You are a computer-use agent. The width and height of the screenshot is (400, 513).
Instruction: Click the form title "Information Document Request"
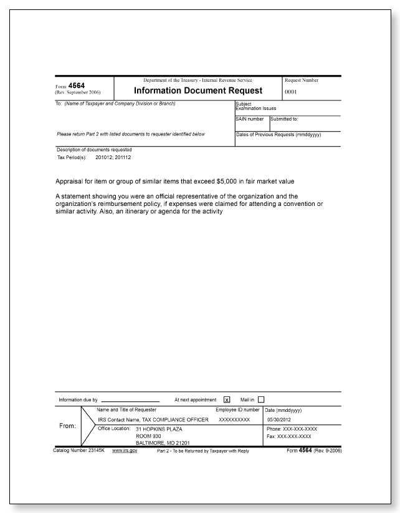point(198,90)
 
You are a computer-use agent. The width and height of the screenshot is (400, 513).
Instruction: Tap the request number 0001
point(292,91)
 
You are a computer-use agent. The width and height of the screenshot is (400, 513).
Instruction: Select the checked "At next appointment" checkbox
point(226,399)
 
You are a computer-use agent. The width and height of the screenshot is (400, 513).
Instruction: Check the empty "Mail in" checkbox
point(261,399)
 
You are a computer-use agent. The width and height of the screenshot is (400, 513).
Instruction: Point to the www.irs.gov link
point(125,450)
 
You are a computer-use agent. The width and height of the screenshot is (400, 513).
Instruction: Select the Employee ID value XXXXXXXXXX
point(234,419)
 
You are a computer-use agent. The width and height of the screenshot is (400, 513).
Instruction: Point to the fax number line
point(290,436)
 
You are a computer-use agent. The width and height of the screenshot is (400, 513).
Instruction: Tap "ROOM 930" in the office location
point(148,436)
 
